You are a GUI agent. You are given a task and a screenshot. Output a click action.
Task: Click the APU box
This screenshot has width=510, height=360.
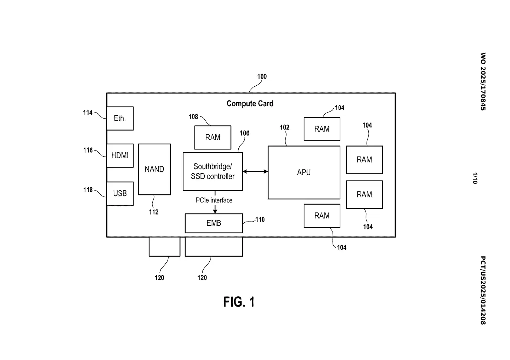pos(304,172)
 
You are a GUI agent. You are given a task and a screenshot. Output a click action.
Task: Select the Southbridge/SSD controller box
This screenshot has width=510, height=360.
pos(212,171)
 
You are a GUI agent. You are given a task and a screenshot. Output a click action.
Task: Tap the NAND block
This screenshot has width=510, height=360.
pos(154,169)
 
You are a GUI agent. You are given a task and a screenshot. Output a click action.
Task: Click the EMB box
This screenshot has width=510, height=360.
pos(214,223)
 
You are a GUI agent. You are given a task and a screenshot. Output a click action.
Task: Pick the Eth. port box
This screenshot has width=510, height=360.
pos(120,118)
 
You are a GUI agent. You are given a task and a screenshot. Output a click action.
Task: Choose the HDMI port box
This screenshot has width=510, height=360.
pos(120,155)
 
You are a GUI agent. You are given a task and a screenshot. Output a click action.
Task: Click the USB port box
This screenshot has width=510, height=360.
pos(120,193)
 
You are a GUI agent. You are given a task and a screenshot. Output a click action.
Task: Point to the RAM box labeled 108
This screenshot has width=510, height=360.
pos(212,137)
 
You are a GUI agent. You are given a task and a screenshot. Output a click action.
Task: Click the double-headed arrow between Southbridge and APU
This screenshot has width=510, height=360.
pos(255,172)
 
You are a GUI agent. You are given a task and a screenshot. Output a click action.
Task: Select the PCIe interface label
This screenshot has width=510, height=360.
pos(214,200)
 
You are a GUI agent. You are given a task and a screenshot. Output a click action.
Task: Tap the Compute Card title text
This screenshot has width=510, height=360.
pos(250,104)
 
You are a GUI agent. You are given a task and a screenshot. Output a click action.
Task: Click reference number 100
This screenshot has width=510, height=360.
pos(262,76)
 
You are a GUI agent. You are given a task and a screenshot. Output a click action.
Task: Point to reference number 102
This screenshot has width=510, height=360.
pos(284,127)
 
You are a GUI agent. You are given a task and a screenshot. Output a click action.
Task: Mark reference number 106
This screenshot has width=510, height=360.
pos(244,133)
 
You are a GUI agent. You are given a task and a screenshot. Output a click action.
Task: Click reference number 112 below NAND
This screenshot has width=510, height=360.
pos(153,212)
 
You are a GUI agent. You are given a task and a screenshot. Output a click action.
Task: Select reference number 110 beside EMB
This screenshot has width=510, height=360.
pos(260,219)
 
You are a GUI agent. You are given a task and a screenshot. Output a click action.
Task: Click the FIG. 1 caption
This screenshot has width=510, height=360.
pos(239,302)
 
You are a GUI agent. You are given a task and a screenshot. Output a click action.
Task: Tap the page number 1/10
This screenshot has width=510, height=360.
pos(475,178)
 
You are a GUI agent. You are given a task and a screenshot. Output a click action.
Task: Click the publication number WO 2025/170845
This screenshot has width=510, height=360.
pos(483,81)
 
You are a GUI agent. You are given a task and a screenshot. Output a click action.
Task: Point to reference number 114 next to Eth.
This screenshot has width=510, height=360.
pos(87,113)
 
